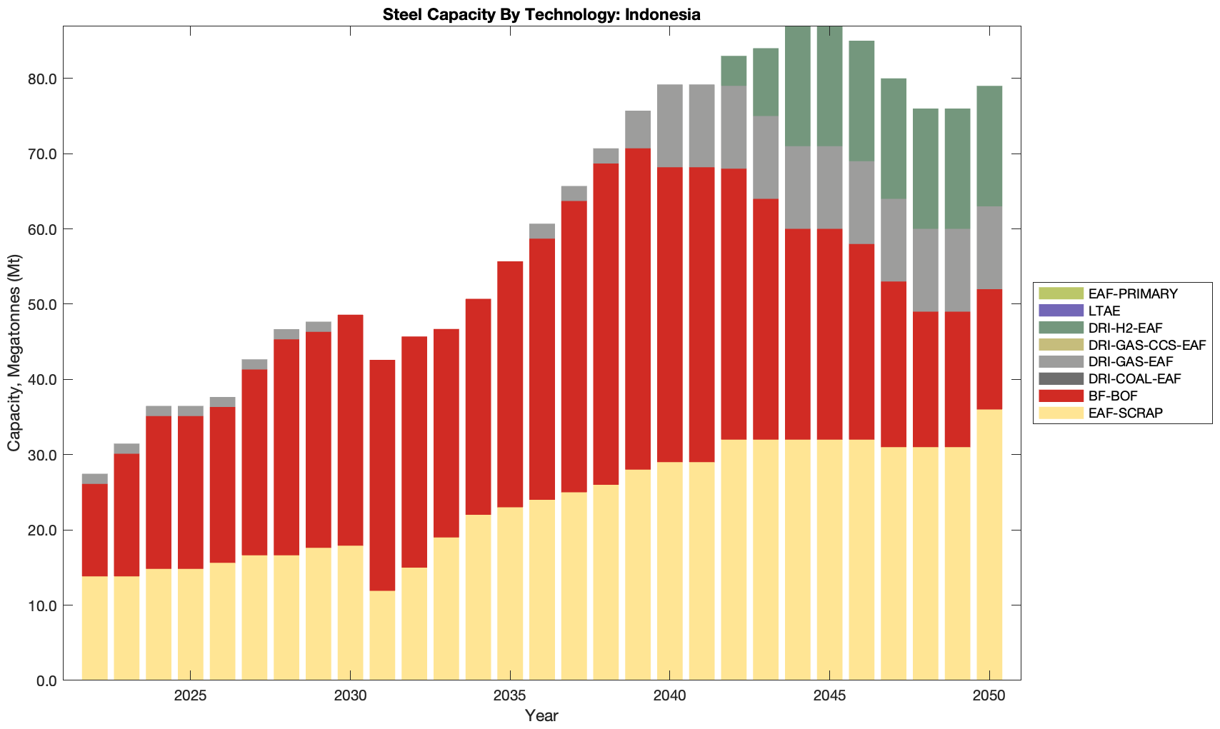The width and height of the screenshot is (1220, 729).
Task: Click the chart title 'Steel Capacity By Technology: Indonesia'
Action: [541, 14]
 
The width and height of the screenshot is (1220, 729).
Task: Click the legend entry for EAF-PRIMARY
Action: [1133, 293]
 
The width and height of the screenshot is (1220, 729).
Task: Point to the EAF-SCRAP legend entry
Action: [1126, 413]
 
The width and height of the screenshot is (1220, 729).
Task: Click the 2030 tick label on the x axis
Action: [350, 696]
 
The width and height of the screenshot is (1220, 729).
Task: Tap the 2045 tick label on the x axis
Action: [829, 696]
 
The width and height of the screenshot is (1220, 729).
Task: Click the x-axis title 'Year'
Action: [541, 715]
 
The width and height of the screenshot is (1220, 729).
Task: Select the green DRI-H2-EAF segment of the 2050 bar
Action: [989, 146]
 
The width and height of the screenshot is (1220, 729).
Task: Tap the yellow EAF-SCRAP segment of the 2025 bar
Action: [190, 624]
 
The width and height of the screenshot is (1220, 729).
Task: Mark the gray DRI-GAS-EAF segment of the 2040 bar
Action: [670, 126]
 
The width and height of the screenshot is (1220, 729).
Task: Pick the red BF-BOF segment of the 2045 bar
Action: [829, 334]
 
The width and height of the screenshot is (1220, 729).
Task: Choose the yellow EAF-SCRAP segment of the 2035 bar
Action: [510, 593]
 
